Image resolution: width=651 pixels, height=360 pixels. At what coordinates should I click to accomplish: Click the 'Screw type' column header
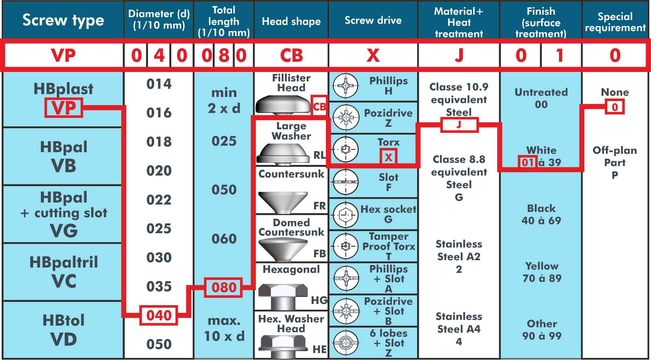63,20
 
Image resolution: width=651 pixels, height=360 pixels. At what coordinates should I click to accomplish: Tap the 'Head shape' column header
291,21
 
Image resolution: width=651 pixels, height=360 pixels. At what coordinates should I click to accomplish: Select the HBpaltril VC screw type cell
63,272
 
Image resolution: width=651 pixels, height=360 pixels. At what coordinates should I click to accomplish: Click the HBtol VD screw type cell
63,330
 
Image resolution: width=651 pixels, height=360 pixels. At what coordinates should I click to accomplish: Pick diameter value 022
159,200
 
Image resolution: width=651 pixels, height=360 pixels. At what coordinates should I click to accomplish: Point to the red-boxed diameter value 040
159,315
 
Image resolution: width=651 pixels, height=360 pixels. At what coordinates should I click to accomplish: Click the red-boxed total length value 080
224,287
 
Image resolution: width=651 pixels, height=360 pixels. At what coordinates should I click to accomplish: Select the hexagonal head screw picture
283,297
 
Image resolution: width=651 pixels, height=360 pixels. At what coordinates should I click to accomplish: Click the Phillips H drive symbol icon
345,86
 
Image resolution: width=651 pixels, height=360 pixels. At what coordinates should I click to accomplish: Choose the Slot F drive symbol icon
345,182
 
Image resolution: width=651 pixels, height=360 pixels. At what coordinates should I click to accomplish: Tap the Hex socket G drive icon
345,215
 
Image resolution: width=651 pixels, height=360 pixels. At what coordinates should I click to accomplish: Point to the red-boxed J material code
459,125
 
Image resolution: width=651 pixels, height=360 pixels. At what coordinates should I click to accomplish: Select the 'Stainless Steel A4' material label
459,329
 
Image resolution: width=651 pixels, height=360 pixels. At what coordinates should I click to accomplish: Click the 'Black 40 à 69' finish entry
541,214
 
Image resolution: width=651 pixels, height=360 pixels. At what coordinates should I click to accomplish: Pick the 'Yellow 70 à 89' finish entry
541,272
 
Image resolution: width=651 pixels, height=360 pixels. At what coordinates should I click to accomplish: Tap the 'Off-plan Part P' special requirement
615,162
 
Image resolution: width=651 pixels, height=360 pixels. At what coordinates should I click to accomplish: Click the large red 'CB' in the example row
291,55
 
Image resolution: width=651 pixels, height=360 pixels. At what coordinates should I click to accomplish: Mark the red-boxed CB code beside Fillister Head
319,106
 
